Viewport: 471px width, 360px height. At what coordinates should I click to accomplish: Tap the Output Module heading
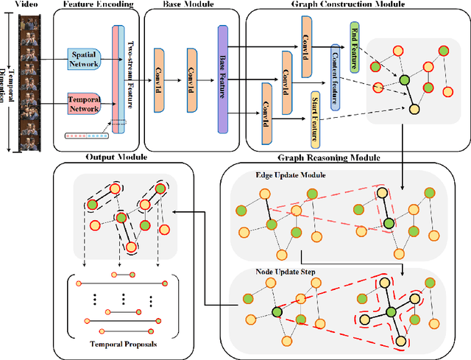[x=116, y=158]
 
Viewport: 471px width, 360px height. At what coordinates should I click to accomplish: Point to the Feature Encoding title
[x=99, y=5]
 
